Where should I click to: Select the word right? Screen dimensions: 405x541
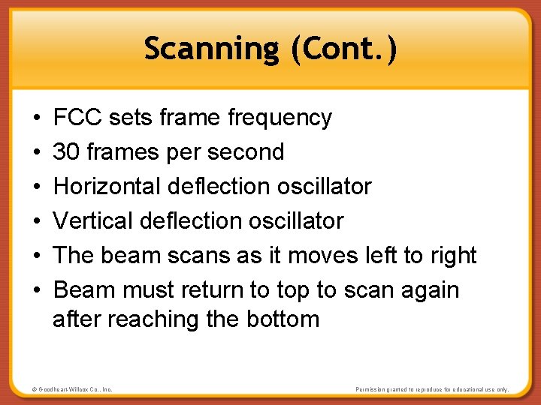453,256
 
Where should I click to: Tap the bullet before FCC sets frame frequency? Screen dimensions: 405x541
37,118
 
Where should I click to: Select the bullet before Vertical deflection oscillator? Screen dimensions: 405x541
37,221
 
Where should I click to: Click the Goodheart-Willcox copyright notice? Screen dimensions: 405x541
72,389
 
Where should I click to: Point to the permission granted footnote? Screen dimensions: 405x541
432,389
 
